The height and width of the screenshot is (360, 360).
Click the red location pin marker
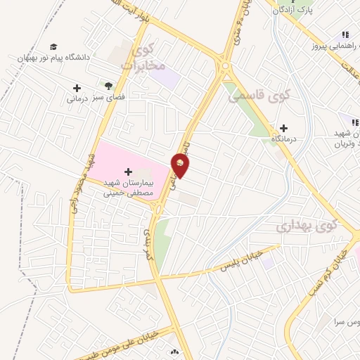tap(181, 165)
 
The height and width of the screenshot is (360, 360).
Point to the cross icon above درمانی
tap(77, 88)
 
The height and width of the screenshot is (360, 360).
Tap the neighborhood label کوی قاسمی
tap(250, 95)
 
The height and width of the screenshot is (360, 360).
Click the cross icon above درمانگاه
tap(283, 128)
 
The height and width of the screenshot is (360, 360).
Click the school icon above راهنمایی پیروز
tap(345, 34)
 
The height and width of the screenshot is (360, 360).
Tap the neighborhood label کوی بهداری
tap(306, 226)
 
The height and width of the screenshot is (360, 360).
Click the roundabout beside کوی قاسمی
tap(224, 68)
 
